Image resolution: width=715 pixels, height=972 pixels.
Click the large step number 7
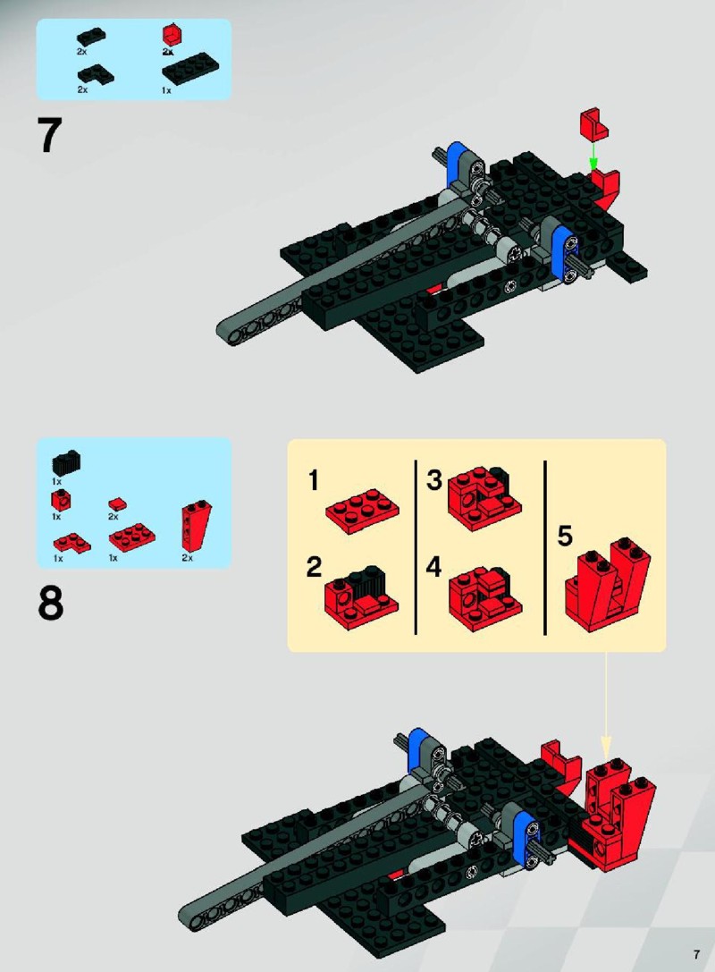(x=49, y=135)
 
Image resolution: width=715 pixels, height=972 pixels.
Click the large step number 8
(x=50, y=604)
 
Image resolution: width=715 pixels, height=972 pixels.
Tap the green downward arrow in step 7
(x=593, y=156)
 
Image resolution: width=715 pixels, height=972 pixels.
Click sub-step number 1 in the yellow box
(x=314, y=480)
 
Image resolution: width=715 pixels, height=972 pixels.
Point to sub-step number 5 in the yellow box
(x=565, y=537)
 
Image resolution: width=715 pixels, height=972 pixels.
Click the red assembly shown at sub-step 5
(x=608, y=585)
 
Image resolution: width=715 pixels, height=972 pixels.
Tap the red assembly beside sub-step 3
(x=484, y=498)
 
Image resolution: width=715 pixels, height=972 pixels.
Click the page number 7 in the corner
(x=697, y=955)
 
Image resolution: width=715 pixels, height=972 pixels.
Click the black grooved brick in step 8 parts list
(x=68, y=463)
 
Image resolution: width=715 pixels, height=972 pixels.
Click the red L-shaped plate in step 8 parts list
(x=71, y=544)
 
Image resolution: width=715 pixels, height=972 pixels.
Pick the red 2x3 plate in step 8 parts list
(x=132, y=537)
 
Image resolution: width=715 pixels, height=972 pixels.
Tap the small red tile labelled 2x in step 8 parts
(x=117, y=504)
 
